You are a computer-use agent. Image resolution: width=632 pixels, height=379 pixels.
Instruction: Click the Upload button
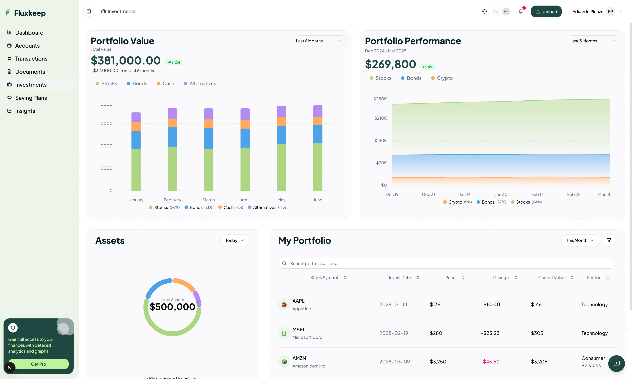point(546,11)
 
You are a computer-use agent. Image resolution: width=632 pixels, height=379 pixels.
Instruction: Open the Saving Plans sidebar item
point(31,98)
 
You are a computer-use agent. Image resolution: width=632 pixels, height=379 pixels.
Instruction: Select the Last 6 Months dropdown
point(319,41)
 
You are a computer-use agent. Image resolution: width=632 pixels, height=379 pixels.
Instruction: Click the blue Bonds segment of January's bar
point(136,140)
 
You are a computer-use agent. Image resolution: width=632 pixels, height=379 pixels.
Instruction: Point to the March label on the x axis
point(209,200)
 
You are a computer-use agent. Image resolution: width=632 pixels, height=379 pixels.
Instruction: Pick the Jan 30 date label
point(501,194)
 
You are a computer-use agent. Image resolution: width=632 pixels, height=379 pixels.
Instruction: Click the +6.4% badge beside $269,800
point(428,67)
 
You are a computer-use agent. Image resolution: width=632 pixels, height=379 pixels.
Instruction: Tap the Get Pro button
point(39,364)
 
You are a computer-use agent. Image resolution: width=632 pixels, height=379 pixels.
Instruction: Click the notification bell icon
point(521,11)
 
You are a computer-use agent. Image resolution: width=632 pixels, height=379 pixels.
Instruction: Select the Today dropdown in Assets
point(234,240)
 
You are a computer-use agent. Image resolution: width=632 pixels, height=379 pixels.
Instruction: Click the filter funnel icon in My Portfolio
point(609,240)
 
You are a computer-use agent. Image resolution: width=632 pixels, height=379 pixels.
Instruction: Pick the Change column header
point(501,278)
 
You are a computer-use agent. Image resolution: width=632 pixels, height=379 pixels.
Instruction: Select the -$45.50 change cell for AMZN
point(490,362)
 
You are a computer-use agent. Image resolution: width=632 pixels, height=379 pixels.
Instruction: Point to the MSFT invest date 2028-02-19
point(394,333)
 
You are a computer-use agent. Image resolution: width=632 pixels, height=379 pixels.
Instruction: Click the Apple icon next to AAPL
point(284,304)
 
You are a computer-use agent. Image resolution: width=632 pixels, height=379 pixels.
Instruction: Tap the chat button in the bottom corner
point(616,363)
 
